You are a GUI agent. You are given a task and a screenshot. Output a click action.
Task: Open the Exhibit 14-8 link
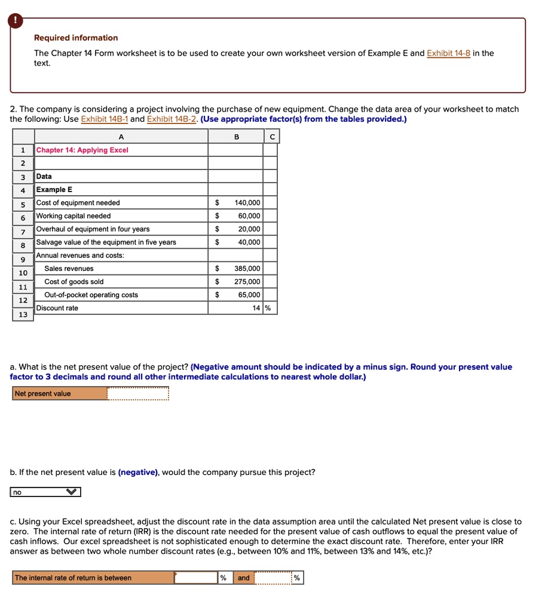tap(448, 53)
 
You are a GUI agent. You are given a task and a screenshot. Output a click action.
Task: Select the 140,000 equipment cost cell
tap(247, 203)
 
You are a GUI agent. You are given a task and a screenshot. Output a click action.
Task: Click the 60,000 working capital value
tap(249, 216)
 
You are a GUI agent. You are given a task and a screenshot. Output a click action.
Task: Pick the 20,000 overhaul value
tap(249, 229)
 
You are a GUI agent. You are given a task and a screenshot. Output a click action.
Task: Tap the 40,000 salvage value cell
tap(249, 242)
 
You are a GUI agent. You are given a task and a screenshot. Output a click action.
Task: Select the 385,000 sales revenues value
tap(247, 269)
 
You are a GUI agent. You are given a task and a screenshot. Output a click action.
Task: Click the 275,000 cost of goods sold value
tap(247, 282)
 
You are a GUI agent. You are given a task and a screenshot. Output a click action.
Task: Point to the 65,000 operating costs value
tap(249, 295)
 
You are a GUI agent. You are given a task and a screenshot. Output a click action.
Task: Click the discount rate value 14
tap(256, 308)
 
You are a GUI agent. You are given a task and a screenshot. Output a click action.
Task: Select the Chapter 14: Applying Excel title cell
tap(82, 150)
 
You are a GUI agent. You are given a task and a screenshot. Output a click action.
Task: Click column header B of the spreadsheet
tap(235, 137)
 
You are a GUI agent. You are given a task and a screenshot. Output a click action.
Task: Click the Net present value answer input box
tap(138, 394)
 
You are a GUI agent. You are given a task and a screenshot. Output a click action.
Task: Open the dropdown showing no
tap(45, 492)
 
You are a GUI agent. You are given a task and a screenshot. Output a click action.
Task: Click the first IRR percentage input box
tap(196, 578)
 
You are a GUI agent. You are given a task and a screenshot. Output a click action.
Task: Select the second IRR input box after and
tap(273, 578)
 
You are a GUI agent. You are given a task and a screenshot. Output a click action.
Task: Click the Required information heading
tap(76, 38)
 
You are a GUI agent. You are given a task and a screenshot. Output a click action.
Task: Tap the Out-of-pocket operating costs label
tap(91, 295)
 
